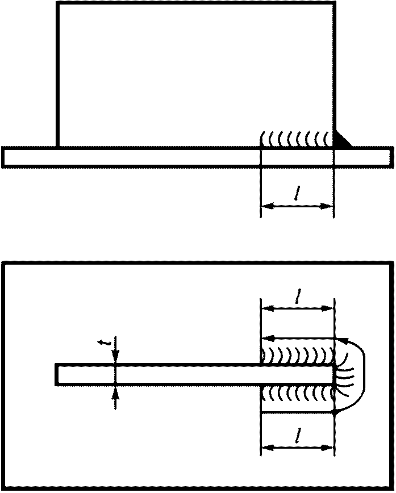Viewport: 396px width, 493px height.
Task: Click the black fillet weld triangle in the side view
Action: coord(341,140)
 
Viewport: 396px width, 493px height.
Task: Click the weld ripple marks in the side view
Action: coord(295,138)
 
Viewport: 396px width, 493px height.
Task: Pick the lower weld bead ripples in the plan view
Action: coord(295,392)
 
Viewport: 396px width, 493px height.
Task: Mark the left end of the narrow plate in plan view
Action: coord(57,374)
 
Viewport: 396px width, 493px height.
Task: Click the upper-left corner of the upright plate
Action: coord(57,3)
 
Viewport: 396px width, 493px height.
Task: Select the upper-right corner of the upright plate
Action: coord(334,3)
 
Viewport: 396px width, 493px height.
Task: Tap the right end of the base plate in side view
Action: coord(391,157)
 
